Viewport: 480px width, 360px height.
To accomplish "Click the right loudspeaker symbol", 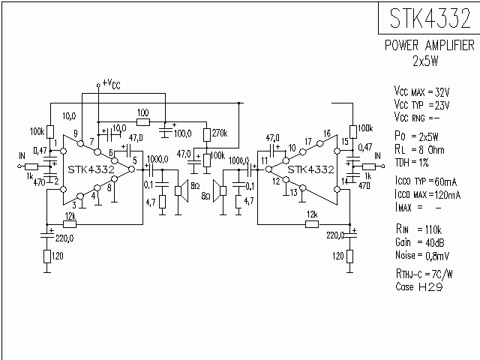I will tap(218, 191).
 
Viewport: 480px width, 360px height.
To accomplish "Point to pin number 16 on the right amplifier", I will tap(326, 133).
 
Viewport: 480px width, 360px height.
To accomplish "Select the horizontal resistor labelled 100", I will tap(142, 121).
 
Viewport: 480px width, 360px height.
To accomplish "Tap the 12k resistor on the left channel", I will tap(69, 224).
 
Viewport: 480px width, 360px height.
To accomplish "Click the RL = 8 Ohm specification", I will tap(421, 148).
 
